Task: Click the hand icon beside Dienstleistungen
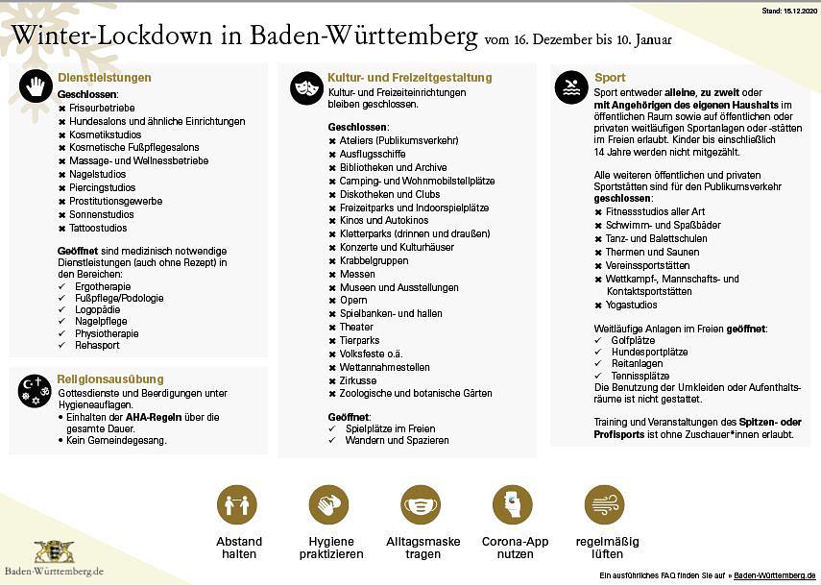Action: click(x=36, y=87)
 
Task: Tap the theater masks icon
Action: click(x=306, y=87)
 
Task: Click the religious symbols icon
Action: click(x=35, y=389)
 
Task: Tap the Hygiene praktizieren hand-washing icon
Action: click(x=329, y=504)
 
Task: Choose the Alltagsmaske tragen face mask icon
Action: click(x=421, y=504)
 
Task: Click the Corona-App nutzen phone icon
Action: click(x=513, y=504)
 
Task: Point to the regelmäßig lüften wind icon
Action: click(x=605, y=504)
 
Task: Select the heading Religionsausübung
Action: click(x=110, y=379)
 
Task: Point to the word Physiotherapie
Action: click(x=107, y=333)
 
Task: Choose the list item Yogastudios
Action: click(x=632, y=305)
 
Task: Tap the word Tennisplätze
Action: click(x=640, y=376)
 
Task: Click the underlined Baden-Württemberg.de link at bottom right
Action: click(x=775, y=574)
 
